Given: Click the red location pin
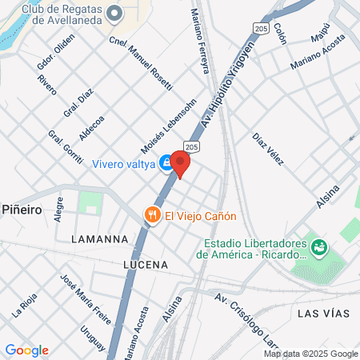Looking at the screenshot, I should click(x=181, y=164).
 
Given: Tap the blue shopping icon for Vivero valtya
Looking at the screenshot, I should click(x=165, y=162).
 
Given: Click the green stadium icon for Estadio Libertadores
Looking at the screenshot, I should click(x=320, y=247).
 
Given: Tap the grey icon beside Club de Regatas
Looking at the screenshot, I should click(x=114, y=13).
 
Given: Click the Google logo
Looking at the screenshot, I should click(x=26, y=350).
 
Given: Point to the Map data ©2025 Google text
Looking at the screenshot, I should click(x=311, y=354).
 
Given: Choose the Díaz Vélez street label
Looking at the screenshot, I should click(x=269, y=149).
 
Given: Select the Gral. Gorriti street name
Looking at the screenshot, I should click(x=66, y=147).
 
